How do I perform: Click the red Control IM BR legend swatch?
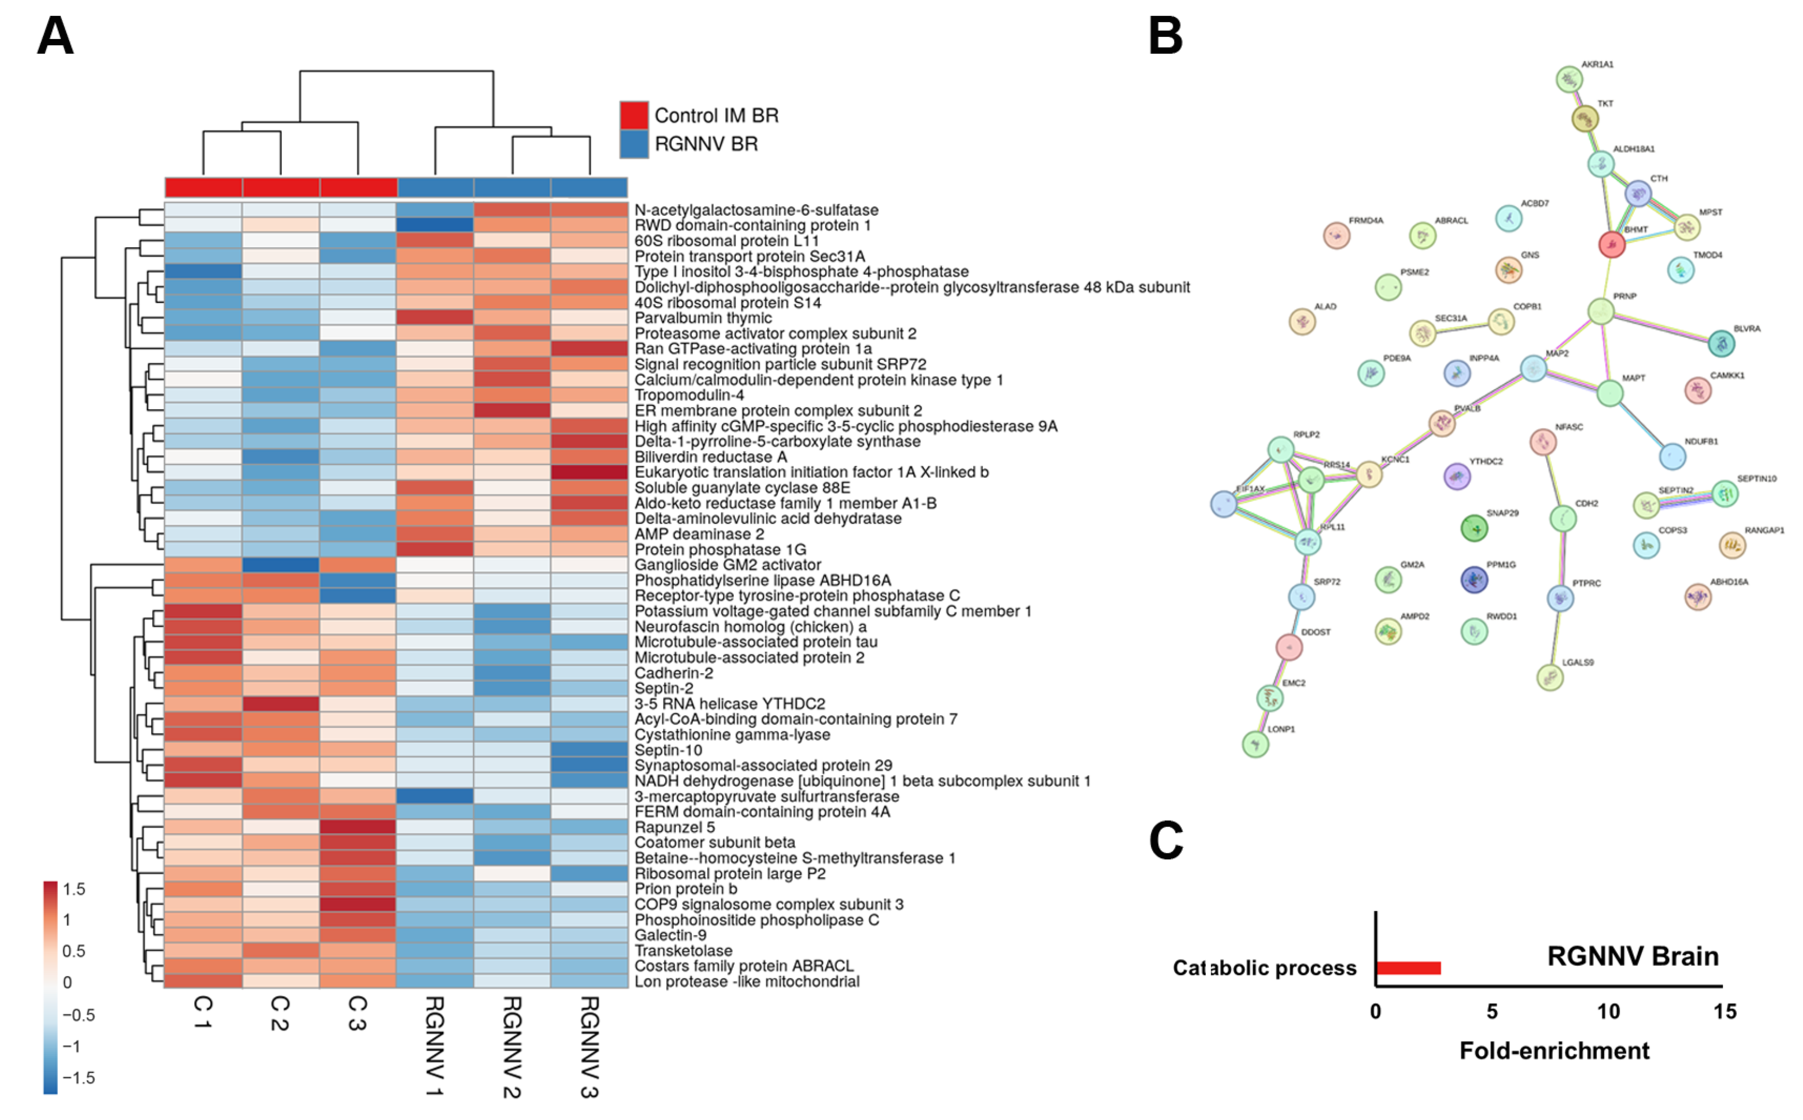coord(634,116)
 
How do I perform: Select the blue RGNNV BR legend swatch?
coord(634,144)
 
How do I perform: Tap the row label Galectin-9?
coord(670,935)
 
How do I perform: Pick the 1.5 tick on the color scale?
coord(74,889)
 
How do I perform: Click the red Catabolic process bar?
coord(1408,968)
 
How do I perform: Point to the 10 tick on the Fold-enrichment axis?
coord(1609,1011)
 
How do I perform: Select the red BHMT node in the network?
coord(1611,245)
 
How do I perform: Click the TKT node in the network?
coord(1584,118)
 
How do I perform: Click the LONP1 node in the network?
coord(1255,744)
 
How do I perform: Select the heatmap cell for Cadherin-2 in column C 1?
coord(203,673)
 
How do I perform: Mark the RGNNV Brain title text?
coord(1632,956)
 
